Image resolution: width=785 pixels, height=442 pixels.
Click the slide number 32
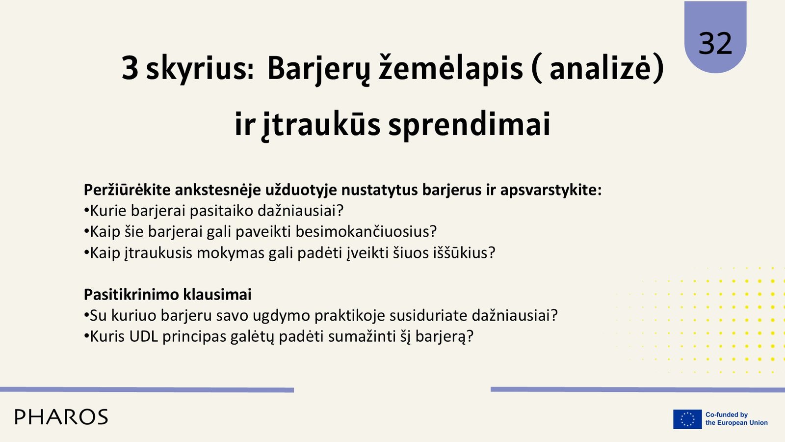(715, 43)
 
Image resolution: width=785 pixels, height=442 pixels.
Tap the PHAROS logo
(61, 417)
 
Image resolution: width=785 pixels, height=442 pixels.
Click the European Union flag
(687, 419)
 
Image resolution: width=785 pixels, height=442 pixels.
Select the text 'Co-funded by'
(727, 414)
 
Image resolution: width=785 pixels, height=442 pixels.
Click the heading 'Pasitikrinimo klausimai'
(167, 294)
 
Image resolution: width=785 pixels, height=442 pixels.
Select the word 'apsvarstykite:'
(551, 190)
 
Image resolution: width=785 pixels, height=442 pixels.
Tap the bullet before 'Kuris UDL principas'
(86, 336)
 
